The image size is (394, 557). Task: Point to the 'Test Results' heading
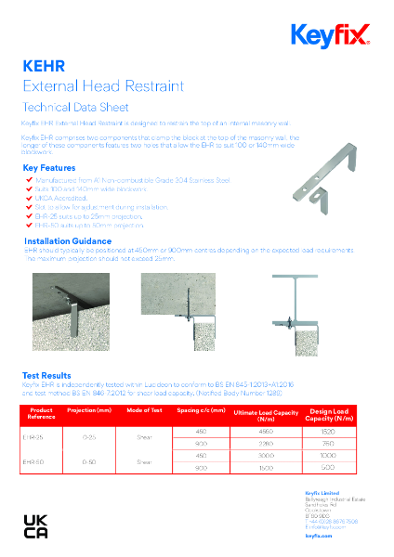46,376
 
